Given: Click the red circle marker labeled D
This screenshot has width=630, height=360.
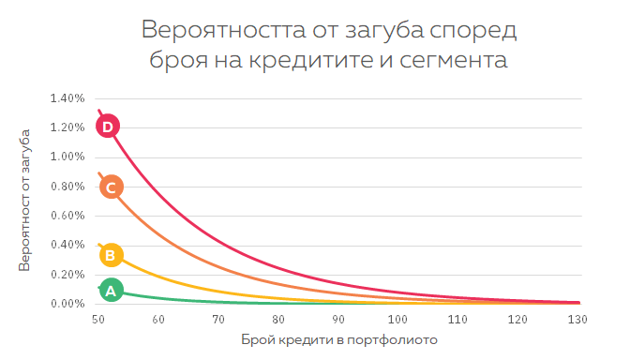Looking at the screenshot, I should point(109,126).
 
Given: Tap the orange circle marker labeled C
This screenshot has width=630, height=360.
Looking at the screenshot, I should point(111,187).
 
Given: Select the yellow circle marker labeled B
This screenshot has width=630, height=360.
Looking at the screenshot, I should point(111,254).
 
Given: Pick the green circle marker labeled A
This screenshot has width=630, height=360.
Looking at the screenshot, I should point(111,291).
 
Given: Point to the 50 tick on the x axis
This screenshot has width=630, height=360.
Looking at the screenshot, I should point(98,320).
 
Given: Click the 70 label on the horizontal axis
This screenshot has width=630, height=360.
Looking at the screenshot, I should point(217,320).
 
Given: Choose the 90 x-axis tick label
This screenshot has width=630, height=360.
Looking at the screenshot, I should point(337,320).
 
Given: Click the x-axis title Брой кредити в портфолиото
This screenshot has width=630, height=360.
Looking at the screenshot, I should point(338,339).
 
